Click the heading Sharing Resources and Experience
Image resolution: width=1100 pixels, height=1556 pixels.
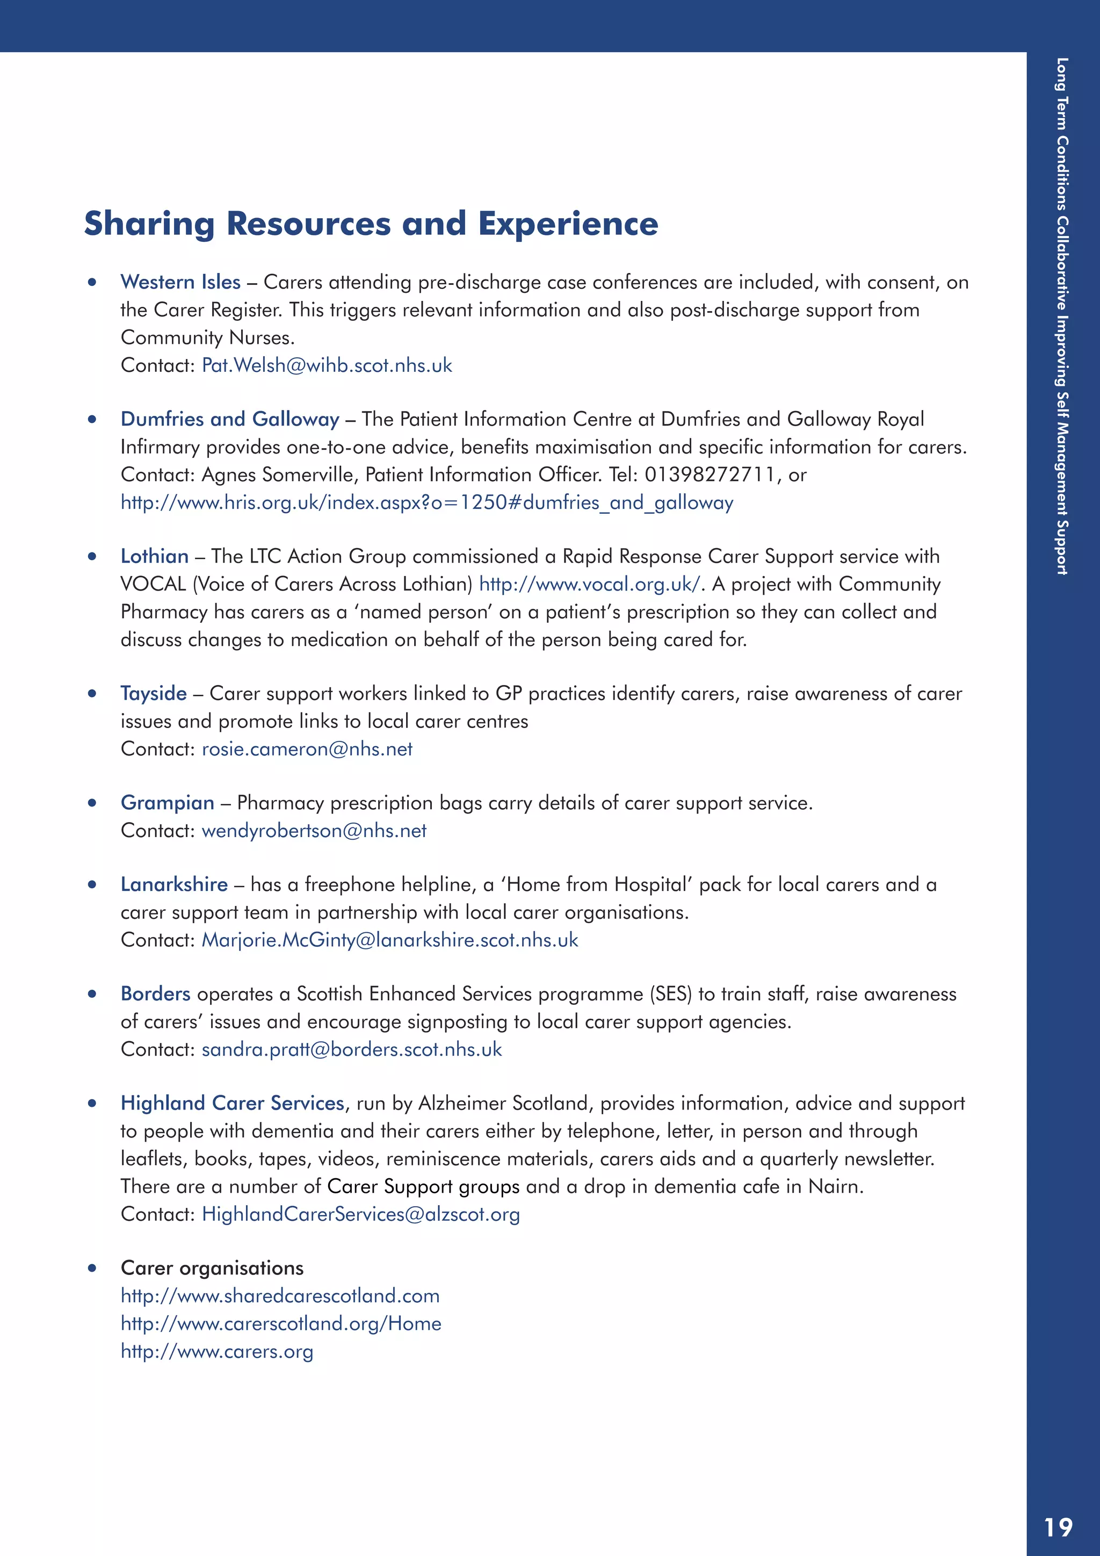coord(371,224)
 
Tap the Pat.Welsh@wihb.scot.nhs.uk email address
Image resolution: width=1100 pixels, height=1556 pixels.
coord(327,365)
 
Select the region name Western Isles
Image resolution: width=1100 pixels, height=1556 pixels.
coord(180,282)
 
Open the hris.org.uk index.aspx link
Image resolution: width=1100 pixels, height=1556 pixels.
coord(426,502)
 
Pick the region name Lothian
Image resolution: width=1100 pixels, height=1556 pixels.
coord(155,557)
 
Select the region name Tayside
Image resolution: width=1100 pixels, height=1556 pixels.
coord(154,693)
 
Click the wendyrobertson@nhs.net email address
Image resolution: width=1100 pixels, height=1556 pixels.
coord(314,831)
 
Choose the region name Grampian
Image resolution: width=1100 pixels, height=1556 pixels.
coord(167,803)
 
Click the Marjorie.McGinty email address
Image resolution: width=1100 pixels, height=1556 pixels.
coord(390,940)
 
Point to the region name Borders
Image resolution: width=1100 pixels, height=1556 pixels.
coord(155,994)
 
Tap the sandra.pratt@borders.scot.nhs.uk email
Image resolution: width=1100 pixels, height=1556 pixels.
coord(352,1049)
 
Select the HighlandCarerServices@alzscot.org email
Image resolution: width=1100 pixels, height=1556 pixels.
coord(361,1214)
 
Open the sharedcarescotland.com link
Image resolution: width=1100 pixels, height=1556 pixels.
coord(280,1296)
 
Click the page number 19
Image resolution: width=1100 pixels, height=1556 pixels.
coord(1058,1527)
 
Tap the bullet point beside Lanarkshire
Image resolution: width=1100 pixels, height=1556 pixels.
coord(92,884)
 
